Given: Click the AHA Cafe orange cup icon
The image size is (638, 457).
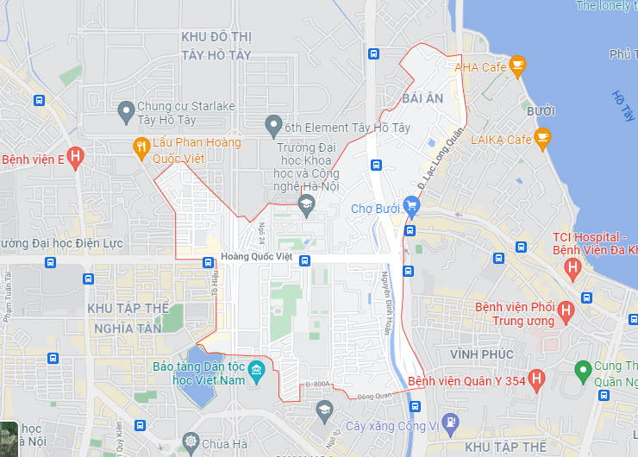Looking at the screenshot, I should pos(516,65).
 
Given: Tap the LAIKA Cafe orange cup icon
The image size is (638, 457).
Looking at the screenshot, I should pos(541,137).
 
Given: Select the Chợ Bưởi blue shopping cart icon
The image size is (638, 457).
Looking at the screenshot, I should pos(411,207).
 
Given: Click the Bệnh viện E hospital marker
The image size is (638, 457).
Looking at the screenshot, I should pos(76,158).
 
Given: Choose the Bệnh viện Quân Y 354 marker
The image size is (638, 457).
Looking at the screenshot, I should pos(536,378).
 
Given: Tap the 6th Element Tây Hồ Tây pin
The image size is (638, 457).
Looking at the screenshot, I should pos(273,126).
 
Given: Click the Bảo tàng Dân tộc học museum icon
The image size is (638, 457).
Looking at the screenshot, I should pos(255,373).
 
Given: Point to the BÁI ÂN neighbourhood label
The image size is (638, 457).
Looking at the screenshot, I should pos(422,98).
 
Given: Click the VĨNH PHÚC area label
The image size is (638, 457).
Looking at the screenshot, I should pos(481,354).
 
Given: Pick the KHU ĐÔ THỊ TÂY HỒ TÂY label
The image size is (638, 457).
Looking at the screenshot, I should pos(216,46).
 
